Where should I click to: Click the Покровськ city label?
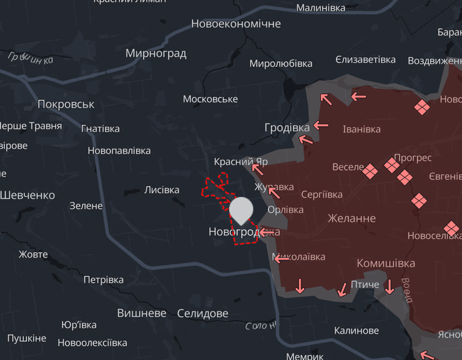pos(66,104)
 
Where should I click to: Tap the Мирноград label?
pos(156,53)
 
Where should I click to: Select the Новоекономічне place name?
pos(236,24)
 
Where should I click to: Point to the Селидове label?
pos(203,313)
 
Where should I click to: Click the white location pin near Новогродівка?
pos(241,211)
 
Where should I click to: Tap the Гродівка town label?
pos(287,127)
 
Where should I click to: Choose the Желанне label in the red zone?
pos(351,218)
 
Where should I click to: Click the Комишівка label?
pos(386,263)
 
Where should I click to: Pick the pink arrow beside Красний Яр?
pos(257,168)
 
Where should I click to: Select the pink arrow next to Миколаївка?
pos(281,257)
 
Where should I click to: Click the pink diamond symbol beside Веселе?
pos(371,171)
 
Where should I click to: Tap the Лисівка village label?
pos(162,190)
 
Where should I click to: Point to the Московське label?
pos(210,99)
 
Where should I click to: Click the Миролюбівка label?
pos(281,64)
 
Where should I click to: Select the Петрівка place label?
pos(104,279)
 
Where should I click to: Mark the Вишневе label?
pos(142,313)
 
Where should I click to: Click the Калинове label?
pos(356,331)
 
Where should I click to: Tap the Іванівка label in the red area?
pos(361,129)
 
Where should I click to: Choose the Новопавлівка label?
pos(119,151)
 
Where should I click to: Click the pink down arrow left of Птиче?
pos(342,289)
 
